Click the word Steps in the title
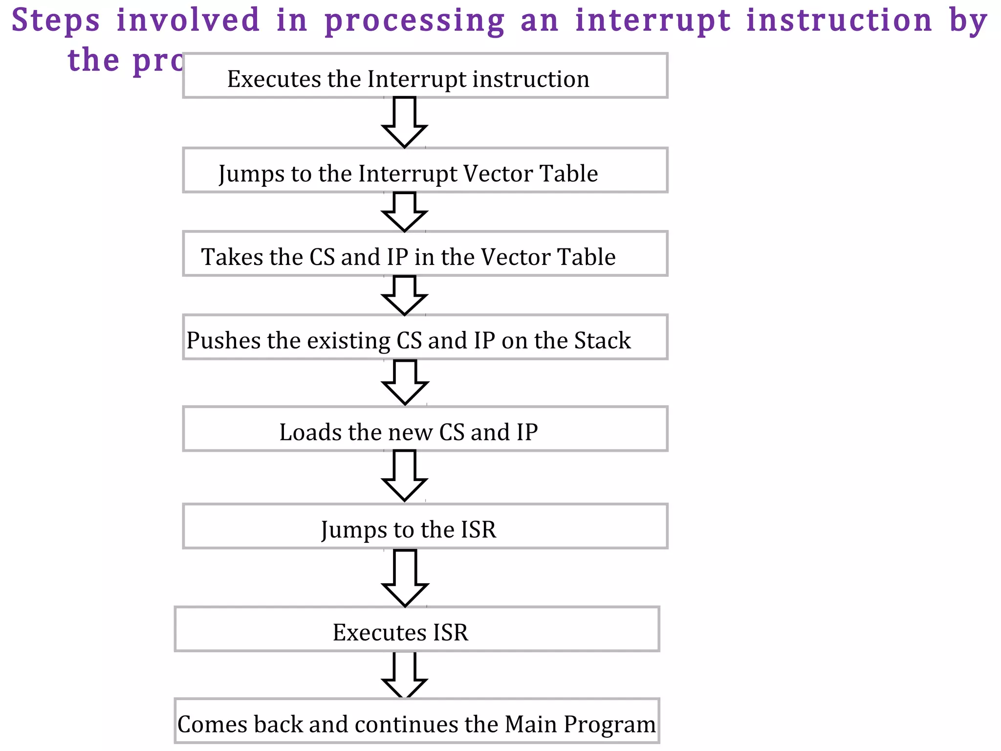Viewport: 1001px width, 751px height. pos(56,21)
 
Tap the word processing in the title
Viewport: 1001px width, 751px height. pos(414,21)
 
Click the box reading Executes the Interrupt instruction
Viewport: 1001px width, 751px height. pos(425,76)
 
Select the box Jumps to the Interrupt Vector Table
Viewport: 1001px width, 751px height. pos(425,170)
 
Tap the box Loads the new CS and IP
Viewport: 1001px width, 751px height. pos(425,429)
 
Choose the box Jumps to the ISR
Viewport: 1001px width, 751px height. pos(425,526)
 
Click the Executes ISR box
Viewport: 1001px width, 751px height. pos(416,629)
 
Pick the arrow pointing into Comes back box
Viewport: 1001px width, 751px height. pos(405,675)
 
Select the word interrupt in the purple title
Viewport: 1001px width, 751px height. pos(653,21)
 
